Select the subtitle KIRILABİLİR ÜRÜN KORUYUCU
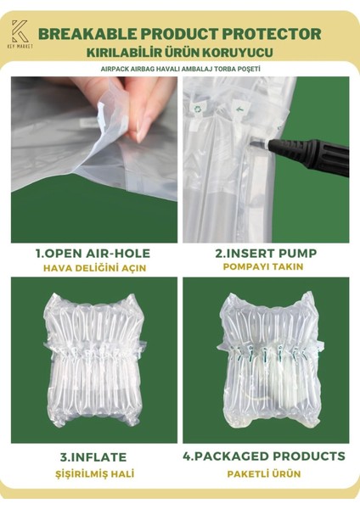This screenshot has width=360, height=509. [x=179, y=53]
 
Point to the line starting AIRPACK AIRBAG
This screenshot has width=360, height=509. [x=179, y=70]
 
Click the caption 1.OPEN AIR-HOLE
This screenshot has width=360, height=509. [x=93, y=253]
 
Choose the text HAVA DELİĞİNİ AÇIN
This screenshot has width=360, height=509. [x=93, y=267]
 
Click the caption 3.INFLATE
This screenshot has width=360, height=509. [x=93, y=456]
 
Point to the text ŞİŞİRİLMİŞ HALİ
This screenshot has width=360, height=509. [x=93, y=473]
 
